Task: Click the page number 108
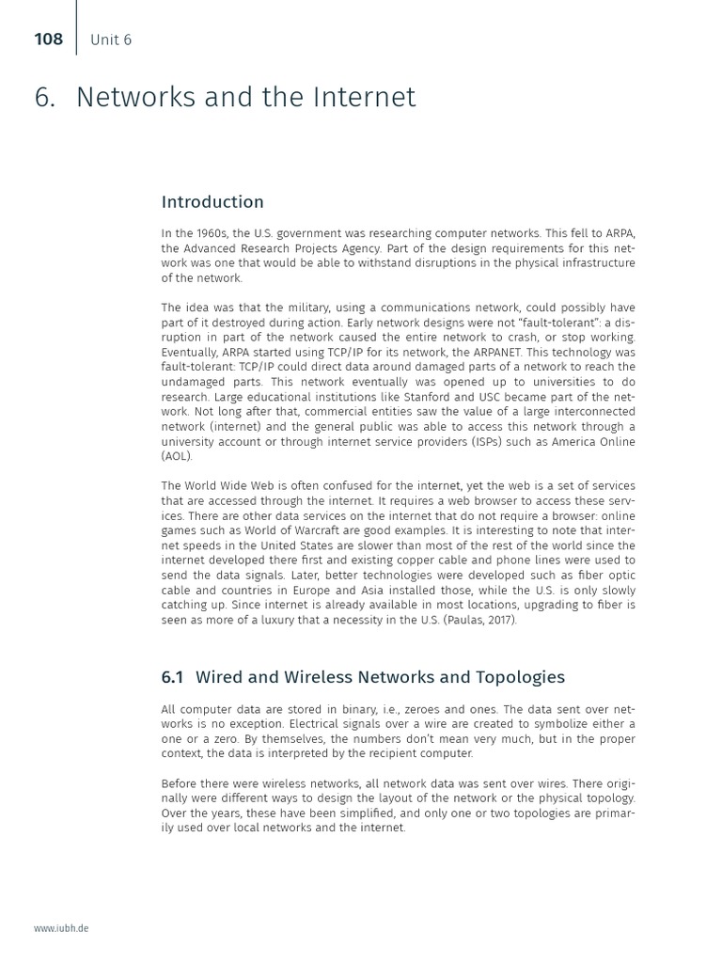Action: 48,39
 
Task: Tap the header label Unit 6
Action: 111,39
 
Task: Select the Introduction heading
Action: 212,202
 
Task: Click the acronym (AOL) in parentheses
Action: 177,456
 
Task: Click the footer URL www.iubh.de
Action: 61,928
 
